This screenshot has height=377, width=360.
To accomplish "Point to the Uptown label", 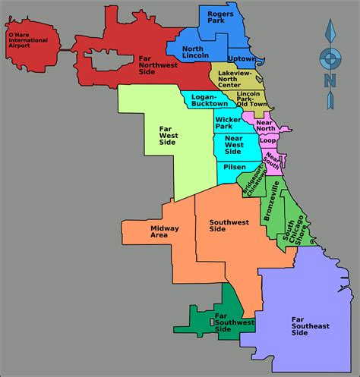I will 242,58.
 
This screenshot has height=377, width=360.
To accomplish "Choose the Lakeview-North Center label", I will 238,78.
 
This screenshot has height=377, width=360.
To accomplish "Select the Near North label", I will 266,126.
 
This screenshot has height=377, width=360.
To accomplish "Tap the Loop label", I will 268,141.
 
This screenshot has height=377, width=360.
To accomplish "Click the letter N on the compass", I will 330,79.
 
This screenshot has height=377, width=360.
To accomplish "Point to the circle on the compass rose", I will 330,56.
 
